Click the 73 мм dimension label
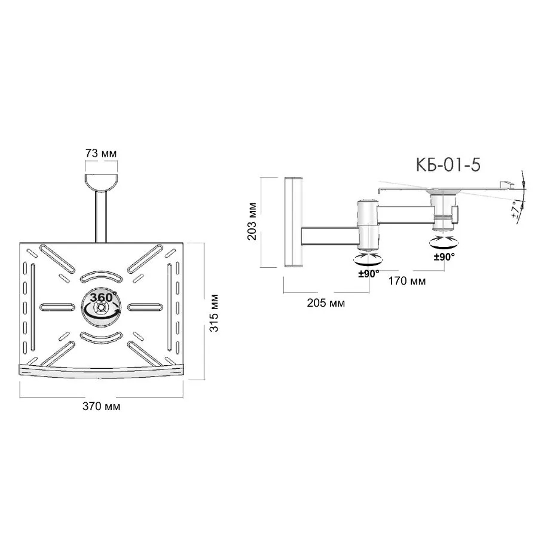click(x=101, y=154)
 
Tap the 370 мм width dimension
click(x=101, y=406)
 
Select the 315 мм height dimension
click(x=214, y=313)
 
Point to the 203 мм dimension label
click(x=252, y=221)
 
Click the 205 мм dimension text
click(x=326, y=303)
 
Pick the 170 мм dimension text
click(x=407, y=281)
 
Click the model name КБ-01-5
click(x=448, y=165)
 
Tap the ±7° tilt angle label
click(x=515, y=210)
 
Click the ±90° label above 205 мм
click(x=369, y=274)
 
